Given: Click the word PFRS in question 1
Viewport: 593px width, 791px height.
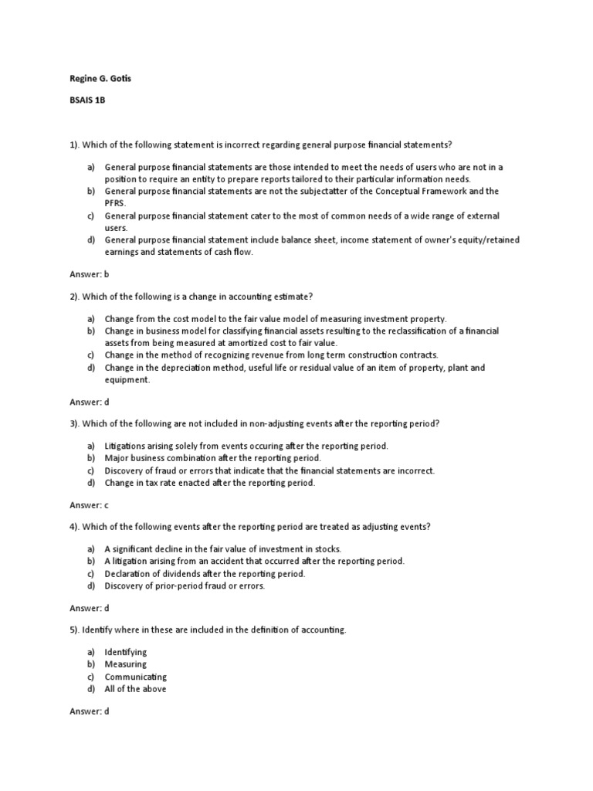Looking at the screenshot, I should (115, 203).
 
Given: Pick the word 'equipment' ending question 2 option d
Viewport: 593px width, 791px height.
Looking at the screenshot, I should (128, 380).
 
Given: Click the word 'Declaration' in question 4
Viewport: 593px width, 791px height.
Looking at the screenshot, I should (129, 574).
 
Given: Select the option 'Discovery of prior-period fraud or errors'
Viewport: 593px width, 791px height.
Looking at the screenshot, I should (185, 586).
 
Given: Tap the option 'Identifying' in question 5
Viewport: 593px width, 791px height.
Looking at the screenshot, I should (126, 652).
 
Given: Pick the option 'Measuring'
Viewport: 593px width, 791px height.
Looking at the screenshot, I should (126, 664).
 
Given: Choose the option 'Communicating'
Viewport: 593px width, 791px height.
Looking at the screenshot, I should (136, 677).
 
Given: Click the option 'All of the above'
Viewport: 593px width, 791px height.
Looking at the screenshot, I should (135, 689).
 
